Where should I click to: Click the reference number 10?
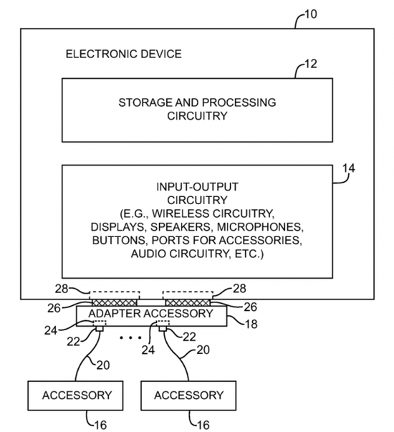click(311, 14)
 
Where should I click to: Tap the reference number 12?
click(311, 64)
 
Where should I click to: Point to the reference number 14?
click(349, 168)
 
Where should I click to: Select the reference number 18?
click(251, 324)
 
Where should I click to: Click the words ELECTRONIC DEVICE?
click(124, 54)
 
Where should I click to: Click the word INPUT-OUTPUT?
click(197, 187)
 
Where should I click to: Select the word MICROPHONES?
click(260, 226)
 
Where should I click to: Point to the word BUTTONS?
click(119, 240)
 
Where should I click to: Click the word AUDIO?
click(148, 254)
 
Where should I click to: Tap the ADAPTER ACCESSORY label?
click(150, 313)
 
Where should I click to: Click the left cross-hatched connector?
click(115, 302)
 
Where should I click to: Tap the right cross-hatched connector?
click(188, 302)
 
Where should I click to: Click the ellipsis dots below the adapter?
click(131, 337)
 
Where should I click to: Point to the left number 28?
click(61, 289)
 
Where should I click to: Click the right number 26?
click(250, 307)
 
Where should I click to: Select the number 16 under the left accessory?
click(100, 425)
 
